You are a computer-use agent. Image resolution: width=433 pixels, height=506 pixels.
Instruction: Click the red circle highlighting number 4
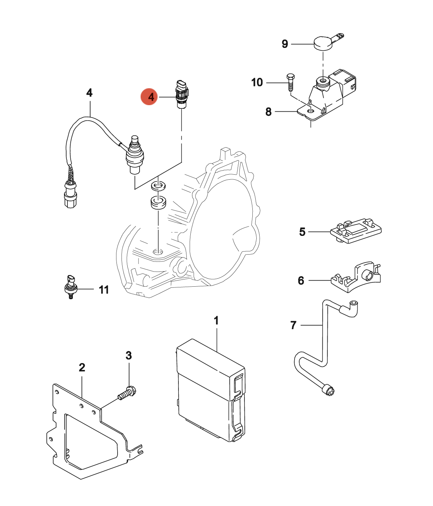[x=149, y=97]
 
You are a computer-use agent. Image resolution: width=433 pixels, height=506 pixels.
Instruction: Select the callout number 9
[x=285, y=44]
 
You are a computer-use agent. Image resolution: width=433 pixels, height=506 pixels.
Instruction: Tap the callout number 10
[x=257, y=82]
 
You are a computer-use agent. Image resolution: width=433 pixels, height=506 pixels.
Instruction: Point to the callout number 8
[x=268, y=112]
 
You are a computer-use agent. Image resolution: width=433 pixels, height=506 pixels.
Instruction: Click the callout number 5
[x=302, y=232]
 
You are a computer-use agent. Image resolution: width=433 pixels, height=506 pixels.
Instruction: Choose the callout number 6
[x=301, y=280]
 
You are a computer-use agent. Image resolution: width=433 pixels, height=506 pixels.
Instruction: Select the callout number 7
[x=293, y=325]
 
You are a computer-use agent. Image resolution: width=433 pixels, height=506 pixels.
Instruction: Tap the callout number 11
[x=104, y=290]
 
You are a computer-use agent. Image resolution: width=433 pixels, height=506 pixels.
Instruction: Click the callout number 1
[x=216, y=320]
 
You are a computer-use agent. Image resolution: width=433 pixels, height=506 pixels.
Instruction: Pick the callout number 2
[x=82, y=367]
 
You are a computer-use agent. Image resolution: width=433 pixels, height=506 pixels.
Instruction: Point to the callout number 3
[x=129, y=355]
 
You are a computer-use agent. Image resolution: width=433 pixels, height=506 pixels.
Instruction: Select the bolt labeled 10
[x=290, y=82]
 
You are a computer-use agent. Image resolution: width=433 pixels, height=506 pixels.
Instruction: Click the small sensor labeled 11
[x=70, y=286]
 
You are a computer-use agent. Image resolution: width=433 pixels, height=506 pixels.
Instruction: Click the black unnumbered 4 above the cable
[x=89, y=93]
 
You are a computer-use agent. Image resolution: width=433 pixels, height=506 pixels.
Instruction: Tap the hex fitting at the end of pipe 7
[x=328, y=390]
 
